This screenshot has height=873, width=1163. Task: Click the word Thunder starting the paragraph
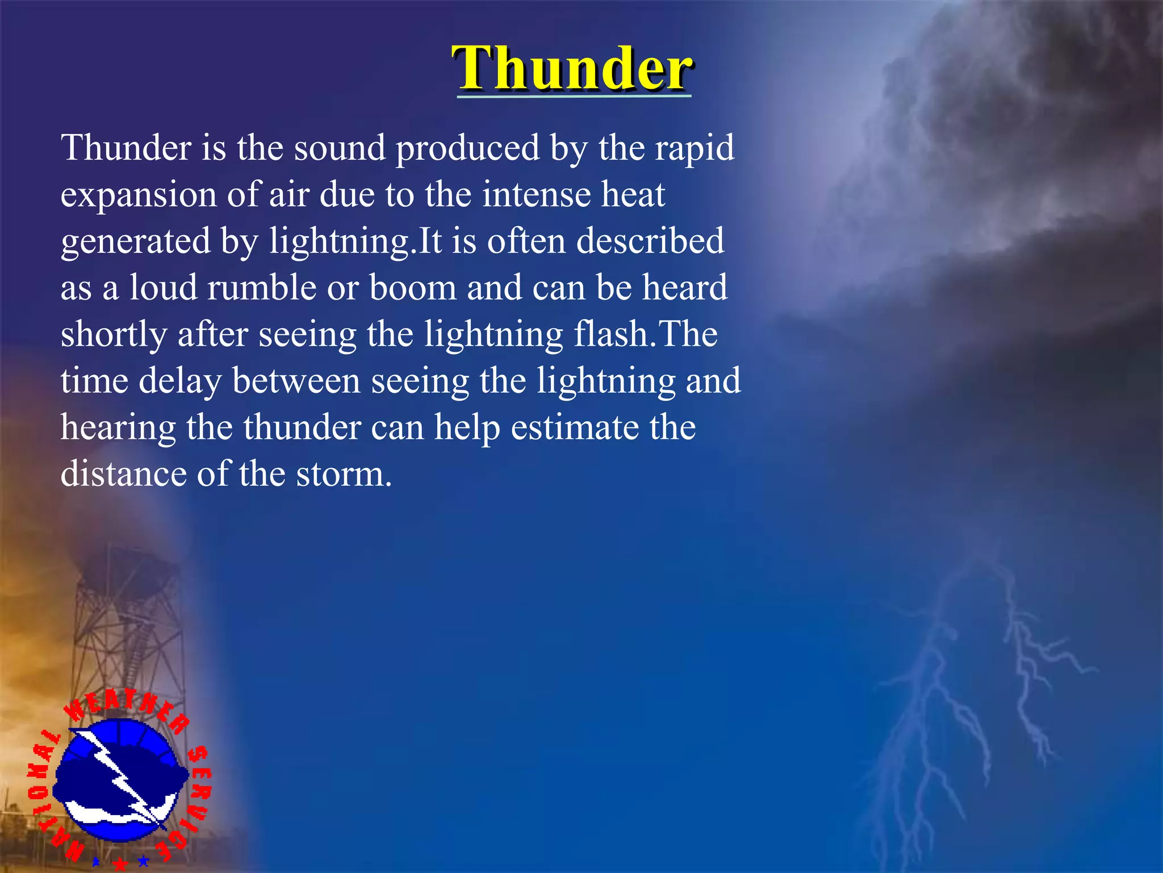[126, 148]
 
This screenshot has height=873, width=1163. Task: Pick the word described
[650, 241]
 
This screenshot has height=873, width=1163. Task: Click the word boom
[413, 288]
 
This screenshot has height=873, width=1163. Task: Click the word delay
[180, 382]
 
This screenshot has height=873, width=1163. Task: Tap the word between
[296, 381]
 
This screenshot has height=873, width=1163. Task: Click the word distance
[123, 474]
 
